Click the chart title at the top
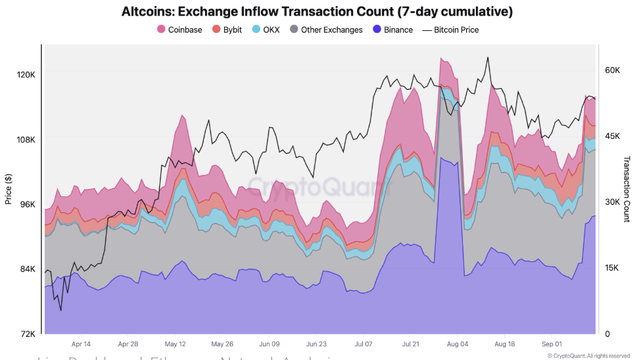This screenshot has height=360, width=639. pos(317,12)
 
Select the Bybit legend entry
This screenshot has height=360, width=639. pos(226,30)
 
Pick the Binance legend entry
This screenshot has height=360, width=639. pos(393,30)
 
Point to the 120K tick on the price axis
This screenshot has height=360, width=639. pos(25,75)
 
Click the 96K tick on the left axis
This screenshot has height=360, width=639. pos(26,204)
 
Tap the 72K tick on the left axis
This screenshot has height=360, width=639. pos(26,334)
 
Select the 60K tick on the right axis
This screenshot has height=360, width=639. pos(613,70)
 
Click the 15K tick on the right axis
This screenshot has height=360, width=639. pos(613,268)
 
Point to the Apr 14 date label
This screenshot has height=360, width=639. pos(81,344)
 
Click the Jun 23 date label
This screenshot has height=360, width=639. pos(316,344)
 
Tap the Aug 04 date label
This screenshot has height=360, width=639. pos(457,344)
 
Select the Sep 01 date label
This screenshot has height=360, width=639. pos(551,344)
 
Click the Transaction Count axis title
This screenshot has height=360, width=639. pos(627,189)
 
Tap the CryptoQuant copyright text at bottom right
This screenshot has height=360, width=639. pos(588,355)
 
